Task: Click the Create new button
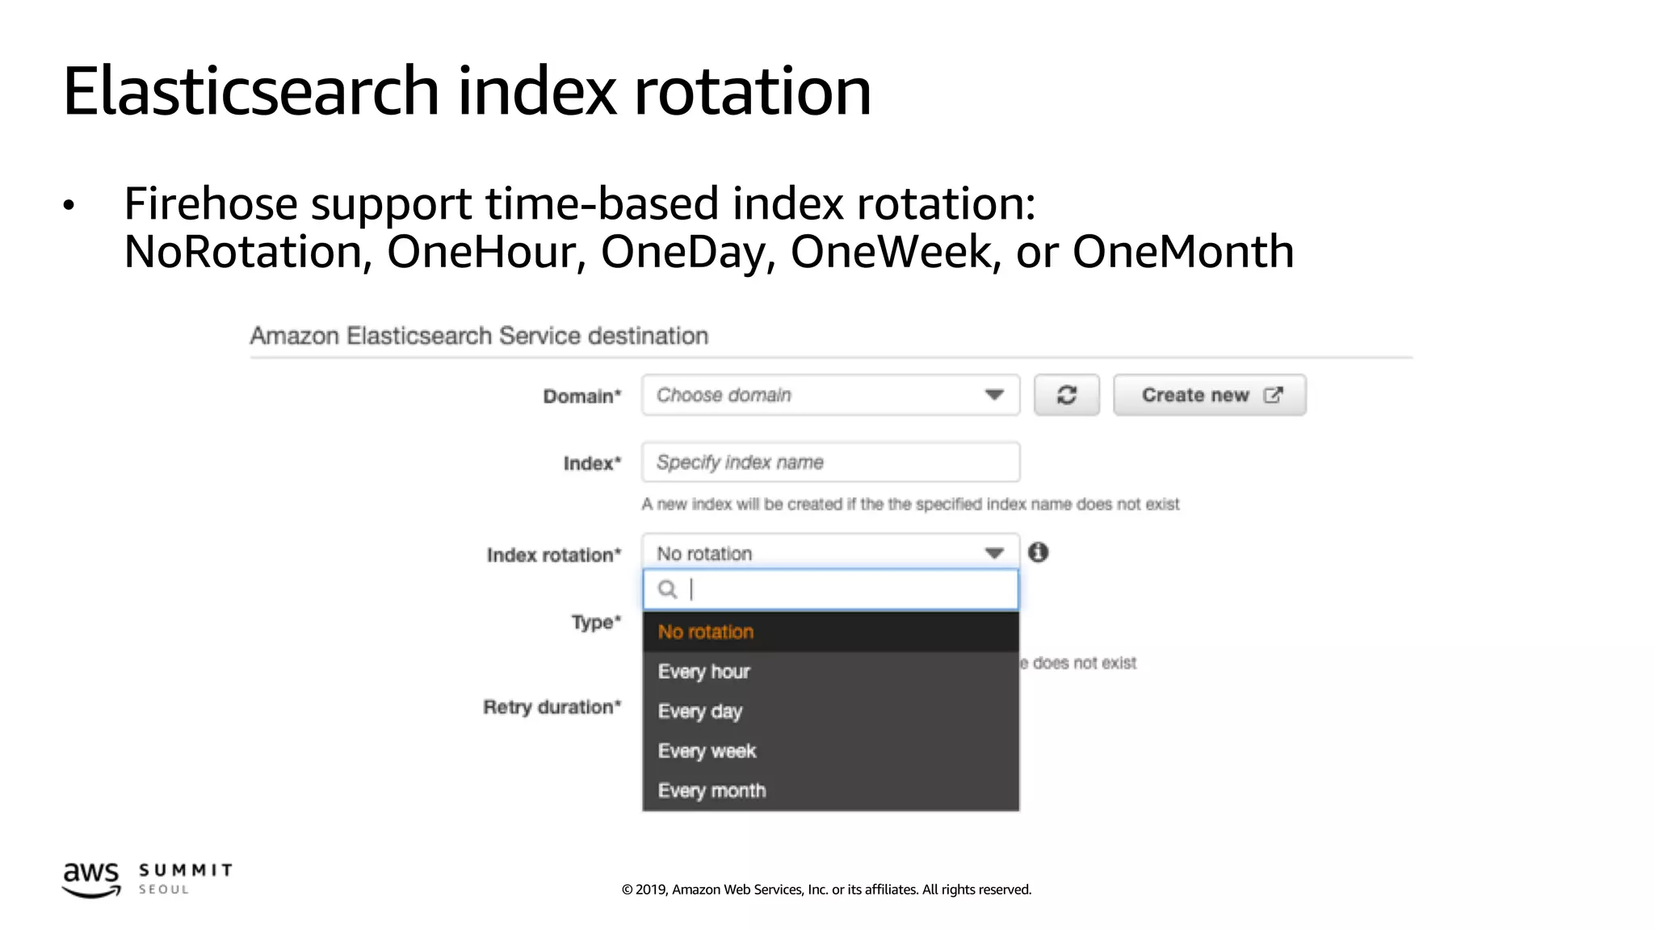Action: pyautogui.click(x=1209, y=395)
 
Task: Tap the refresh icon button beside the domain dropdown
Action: pyautogui.click(x=1066, y=395)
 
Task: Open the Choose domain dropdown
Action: pyautogui.click(x=830, y=395)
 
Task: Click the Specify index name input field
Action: pyautogui.click(x=830, y=463)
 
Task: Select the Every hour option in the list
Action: pyautogui.click(x=704, y=672)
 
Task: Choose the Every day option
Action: pyautogui.click(x=700, y=711)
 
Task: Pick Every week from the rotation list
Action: pyautogui.click(x=707, y=751)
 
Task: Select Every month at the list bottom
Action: pyautogui.click(x=712, y=790)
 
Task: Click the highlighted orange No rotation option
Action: pyautogui.click(x=706, y=632)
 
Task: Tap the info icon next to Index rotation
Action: pyautogui.click(x=1039, y=552)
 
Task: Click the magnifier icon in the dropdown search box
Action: pyautogui.click(x=667, y=589)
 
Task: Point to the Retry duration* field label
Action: pyautogui.click(x=552, y=707)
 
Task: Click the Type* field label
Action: pyautogui.click(x=596, y=622)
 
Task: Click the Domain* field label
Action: pyautogui.click(x=582, y=396)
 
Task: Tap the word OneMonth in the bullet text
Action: pyautogui.click(x=1182, y=252)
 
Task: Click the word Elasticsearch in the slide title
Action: pyautogui.click(x=251, y=91)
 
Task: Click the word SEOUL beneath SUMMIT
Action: pyautogui.click(x=164, y=890)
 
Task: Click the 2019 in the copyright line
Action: pyautogui.click(x=651, y=890)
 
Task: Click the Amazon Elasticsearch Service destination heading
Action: pyautogui.click(x=479, y=336)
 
